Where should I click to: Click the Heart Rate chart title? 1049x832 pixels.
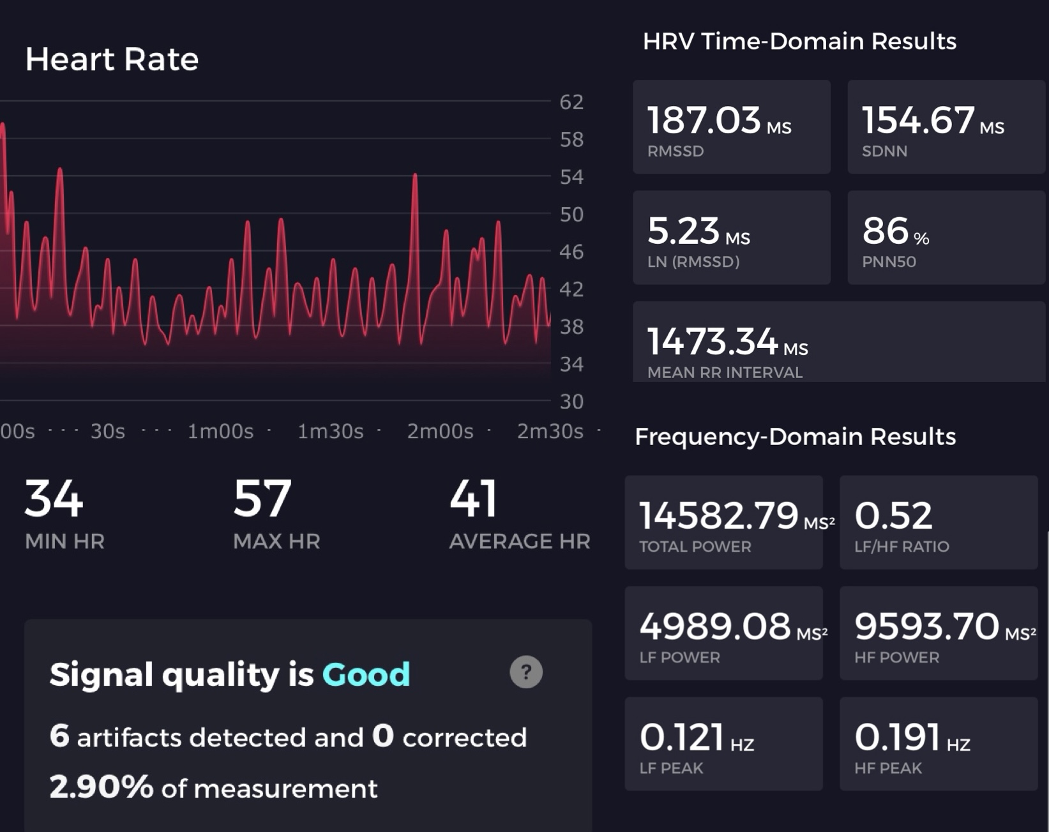click(x=112, y=59)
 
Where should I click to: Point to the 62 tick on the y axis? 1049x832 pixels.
click(x=571, y=102)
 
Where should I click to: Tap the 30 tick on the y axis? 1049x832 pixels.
click(x=571, y=402)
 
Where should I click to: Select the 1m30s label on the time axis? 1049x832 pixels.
click(x=330, y=432)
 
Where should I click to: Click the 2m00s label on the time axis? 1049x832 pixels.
click(x=440, y=432)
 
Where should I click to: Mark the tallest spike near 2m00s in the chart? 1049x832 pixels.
click(x=415, y=176)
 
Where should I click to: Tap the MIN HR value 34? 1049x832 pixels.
click(x=54, y=499)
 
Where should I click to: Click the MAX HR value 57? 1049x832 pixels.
click(x=262, y=499)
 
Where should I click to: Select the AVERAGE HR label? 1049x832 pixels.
click(x=519, y=541)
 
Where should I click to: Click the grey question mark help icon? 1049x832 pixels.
click(x=526, y=672)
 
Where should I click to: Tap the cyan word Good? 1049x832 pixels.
click(x=366, y=674)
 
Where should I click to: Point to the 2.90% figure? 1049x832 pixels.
click(x=101, y=787)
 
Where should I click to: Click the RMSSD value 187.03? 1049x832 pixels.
click(x=704, y=120)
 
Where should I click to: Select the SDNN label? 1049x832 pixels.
click(x=884, y=151)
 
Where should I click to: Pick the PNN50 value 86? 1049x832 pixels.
click(x=885, y=231)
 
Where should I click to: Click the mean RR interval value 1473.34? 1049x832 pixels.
click(x=713, y=342)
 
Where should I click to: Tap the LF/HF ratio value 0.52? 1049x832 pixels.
click(x=893, y=515)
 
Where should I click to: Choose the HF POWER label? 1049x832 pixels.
click(x=896, y=658)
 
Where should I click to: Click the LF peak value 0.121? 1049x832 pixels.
click(x=681, y=737)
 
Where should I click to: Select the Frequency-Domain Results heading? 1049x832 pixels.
click(x=795, y=437)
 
